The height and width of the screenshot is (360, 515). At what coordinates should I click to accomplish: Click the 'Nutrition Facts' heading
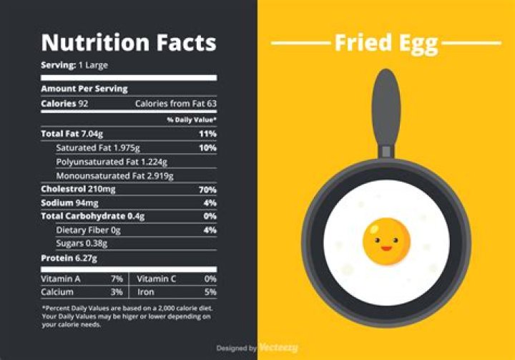point(129,42)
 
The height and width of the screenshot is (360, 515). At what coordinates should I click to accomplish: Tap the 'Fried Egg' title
point(386,44)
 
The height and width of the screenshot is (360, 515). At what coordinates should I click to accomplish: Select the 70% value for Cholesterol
point(207,190)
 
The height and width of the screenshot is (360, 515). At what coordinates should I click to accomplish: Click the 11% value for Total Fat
point(207,134)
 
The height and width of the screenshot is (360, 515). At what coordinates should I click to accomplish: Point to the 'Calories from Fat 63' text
point(176,104)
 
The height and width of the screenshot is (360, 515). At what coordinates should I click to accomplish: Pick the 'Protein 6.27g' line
point(69,258)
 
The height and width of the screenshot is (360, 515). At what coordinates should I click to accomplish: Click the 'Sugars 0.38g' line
point(82,243)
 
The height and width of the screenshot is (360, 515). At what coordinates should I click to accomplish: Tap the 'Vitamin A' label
point(61,279)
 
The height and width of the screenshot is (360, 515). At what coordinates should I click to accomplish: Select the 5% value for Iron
point(210,292)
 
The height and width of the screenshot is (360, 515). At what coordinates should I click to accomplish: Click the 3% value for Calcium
point(117,292)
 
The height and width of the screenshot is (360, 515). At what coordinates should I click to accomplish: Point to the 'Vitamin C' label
point(157,279)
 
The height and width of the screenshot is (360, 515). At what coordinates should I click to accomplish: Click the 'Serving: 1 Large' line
point(74,65)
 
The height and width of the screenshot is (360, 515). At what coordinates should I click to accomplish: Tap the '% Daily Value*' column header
point(192,120)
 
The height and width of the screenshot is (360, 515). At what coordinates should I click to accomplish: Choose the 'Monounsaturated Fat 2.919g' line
point(114,176)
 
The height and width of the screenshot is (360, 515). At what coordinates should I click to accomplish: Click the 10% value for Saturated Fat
point(207,148)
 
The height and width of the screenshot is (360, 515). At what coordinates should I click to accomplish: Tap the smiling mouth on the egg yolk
point(386,248)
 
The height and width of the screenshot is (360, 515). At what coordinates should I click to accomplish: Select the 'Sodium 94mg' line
point(69,203)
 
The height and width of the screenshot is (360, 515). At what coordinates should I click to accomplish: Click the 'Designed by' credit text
point(237,348)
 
